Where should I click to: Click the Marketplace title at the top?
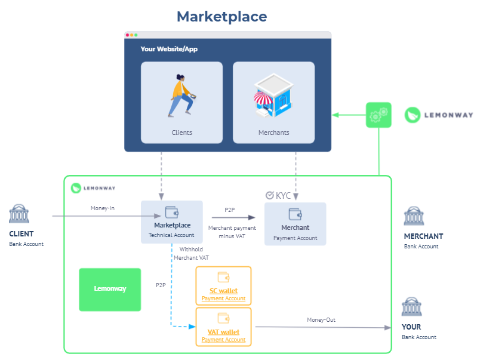pos(221,16)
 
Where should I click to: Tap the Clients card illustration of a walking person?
pos(181,96)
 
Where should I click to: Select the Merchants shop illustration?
pos(273,96)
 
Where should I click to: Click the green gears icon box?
pos(378,115)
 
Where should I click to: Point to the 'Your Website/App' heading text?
pos(169,49)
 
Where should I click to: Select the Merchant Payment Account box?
pos(295,224)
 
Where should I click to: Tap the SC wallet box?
pos(223,285)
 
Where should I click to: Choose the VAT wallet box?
pos(223,326)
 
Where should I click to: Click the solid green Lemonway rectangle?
pos(110,289)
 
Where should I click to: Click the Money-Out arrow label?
pos(321,320)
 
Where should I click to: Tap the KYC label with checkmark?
pos(278,195)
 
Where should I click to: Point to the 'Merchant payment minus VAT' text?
pos(232,232)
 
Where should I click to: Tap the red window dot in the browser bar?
pos(128,35)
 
